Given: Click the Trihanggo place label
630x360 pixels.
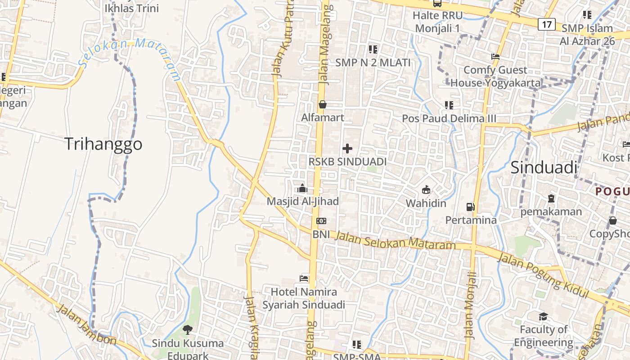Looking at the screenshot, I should tap(103, 144).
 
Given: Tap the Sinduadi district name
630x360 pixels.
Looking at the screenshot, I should tap(544, 167).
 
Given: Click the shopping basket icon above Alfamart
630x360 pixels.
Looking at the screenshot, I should tap(323, 104).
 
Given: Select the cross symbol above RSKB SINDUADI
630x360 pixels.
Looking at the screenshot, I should tap(347, 148).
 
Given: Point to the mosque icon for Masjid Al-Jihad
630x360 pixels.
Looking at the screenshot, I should tap(303, 188).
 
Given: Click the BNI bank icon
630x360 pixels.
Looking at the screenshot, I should tap(321, 221).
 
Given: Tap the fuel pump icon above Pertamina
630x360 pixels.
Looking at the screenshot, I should tap(471, 207).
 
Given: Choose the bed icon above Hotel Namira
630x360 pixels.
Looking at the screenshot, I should tap(304, 279).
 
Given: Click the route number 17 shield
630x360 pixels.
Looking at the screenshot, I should tap(546, 24).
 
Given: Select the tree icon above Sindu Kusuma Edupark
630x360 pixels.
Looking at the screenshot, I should tap(187, 330).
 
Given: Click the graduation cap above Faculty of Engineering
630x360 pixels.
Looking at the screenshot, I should tap(543, 316).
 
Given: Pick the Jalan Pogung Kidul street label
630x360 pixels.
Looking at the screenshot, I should tap(543, 276).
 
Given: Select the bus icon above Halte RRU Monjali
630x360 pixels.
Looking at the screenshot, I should tap(437, 3).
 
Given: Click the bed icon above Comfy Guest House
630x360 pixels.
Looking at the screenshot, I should tap(495, 57).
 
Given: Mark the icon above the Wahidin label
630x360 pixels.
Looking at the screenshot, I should tap(426, 190).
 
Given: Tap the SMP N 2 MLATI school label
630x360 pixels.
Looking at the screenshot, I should tap(373, 63).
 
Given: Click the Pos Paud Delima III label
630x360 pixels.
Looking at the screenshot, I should tap(449, 118).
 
